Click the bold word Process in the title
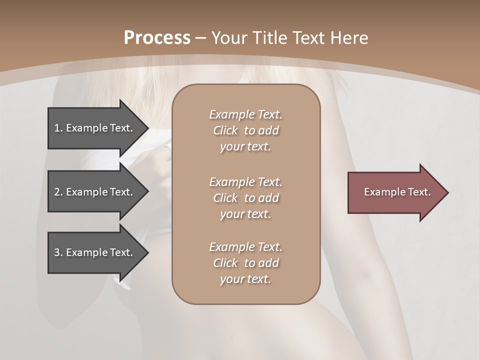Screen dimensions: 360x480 pyautogui.click(x=157, y=38)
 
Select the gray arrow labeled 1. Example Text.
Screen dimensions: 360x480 pyautogui.click(x=95, y=128)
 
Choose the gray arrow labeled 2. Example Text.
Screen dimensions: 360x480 pyautogui.click(x=95, y=192)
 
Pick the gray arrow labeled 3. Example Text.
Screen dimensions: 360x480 pyautogui.click(x=95, y=252)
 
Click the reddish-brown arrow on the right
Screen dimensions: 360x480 pyautogui.click(x=395, y=192)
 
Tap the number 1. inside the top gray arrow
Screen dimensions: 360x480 pyautogui.click(x=58, y=128)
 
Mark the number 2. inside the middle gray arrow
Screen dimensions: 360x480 pyautogui.click(x=58, y=192)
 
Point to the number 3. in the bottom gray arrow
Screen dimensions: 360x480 pyautogui.click(x=58, y=252)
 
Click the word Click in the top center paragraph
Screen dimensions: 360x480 pyautogui.click(x=225, y=130)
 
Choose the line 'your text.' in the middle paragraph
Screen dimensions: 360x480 pyautogui.click(x=245, y=214)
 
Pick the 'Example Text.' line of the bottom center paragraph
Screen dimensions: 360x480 pyautogui.click(x=245, y=247)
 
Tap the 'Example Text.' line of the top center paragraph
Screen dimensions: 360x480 pyautogui.click(x=245, y=114)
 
